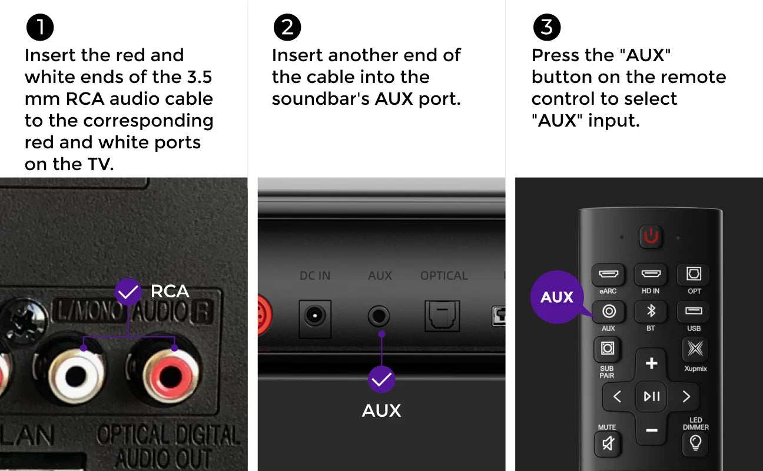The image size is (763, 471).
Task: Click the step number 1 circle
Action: pyautogui.click(x=40, y=27)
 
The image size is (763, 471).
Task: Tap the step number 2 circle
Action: pyautogui.click(x=287, y=27)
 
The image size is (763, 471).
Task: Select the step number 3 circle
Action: pyautogui.click(x=547, y=27)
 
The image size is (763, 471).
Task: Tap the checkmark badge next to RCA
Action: pyautogui.click(x=128, y=292)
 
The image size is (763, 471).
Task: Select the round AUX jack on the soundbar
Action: pyautogui.click(x=379, y=316)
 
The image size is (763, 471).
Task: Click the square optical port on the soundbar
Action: pyautogui.click(x=442, y=316)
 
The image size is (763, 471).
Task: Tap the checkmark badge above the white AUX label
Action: pyautogui.click(x=381, y=379)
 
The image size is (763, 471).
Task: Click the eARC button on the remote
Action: pyautogui.click(x=608, y=274)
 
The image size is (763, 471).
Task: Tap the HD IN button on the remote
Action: pyautogui.click(x=651, y=274)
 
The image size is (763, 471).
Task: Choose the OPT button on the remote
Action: pyautogui.click(x=694, y=274)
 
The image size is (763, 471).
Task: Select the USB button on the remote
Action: pyautogui.click(x=694, y=311)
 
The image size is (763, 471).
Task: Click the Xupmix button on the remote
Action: pyautogui.click(x=695, y=349)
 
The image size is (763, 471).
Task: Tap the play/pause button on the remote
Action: pyautogui.click(x=651, y=396)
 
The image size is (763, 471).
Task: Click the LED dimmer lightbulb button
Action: pyautogui.click(x=695, y=443)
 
